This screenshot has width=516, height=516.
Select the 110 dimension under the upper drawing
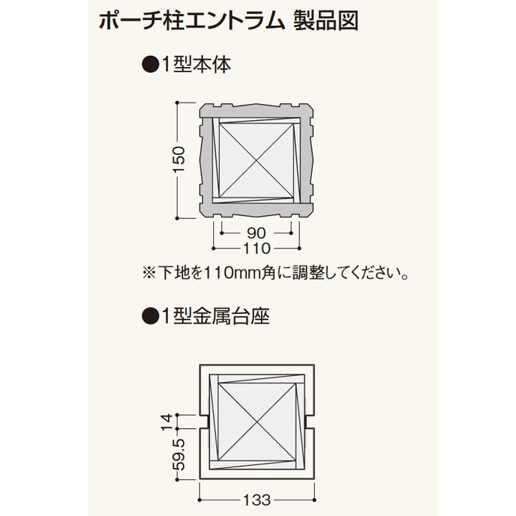[257, 248]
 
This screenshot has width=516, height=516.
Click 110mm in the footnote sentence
[229, 273]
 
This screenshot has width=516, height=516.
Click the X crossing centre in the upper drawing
[257, 158]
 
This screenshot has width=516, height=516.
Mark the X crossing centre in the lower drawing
[257, 422]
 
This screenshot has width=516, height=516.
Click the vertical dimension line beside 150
[178, 161]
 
